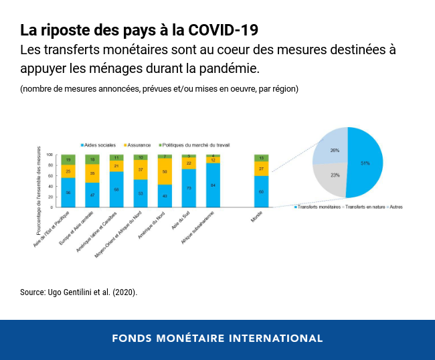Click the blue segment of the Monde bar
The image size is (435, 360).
[x=261, y=192]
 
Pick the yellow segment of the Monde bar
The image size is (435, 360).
[x=261, y=169]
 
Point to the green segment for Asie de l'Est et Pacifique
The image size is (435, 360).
[x=68, y=160]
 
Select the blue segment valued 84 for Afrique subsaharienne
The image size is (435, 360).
[x=213, y=185]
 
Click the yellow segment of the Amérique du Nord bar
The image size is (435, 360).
[x=165, y=171]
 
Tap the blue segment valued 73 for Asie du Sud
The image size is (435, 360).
[x=189, y=188]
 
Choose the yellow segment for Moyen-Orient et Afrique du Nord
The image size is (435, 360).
[x=141, y=170]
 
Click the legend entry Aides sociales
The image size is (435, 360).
[x=98, y=145]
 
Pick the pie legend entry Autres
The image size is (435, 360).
[x=395, y=207]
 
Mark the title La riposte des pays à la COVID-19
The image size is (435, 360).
[x=139, y=30]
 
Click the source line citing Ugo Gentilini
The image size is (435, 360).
[x=78, y=292]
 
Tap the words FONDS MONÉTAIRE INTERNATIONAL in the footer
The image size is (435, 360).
[x=217, y=338]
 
